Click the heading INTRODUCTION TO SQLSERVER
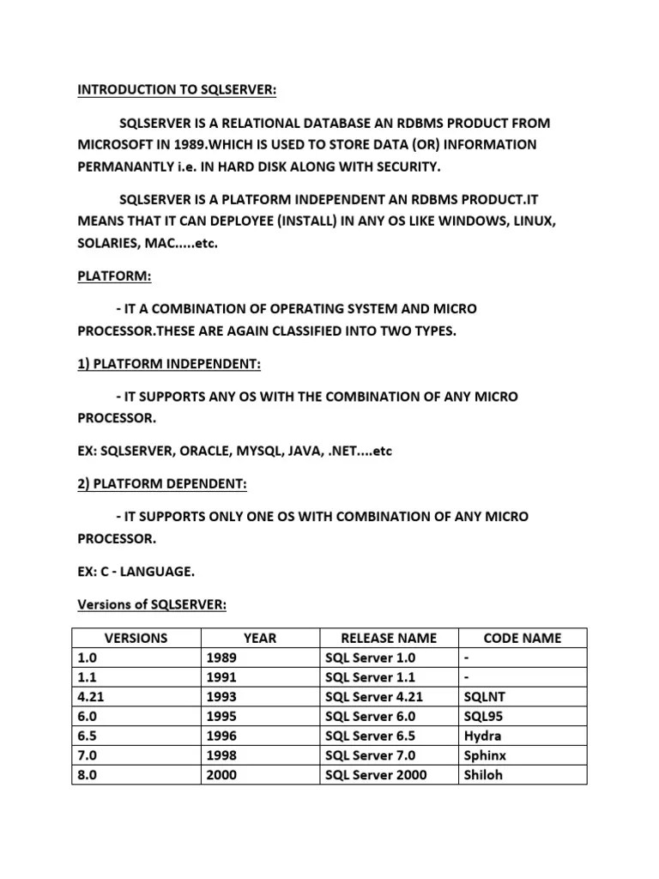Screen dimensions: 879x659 point(178,90)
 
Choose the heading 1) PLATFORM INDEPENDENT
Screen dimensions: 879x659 point(168,364)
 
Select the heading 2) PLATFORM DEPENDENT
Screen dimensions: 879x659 point(161,484)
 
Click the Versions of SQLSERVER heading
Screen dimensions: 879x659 point(152,605)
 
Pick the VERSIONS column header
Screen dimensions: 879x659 point(136,638)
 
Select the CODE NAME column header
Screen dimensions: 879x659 point(523,638)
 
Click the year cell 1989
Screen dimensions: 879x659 point(221,658)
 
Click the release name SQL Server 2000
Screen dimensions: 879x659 point(377,774)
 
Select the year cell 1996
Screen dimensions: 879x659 point(221,736)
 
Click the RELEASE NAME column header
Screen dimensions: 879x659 point(389,638)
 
